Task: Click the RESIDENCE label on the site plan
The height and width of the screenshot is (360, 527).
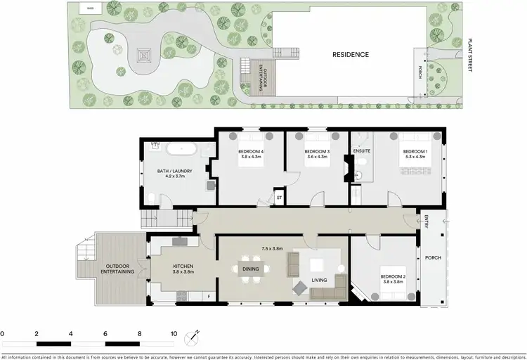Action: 350,54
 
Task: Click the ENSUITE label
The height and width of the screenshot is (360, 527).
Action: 363,150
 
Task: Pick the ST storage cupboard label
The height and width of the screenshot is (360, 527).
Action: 279,199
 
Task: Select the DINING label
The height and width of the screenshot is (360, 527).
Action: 250,269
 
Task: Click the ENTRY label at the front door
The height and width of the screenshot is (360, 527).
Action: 427,222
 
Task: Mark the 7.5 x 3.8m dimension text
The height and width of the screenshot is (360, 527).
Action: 272,249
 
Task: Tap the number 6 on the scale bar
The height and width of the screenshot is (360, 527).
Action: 105,333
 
